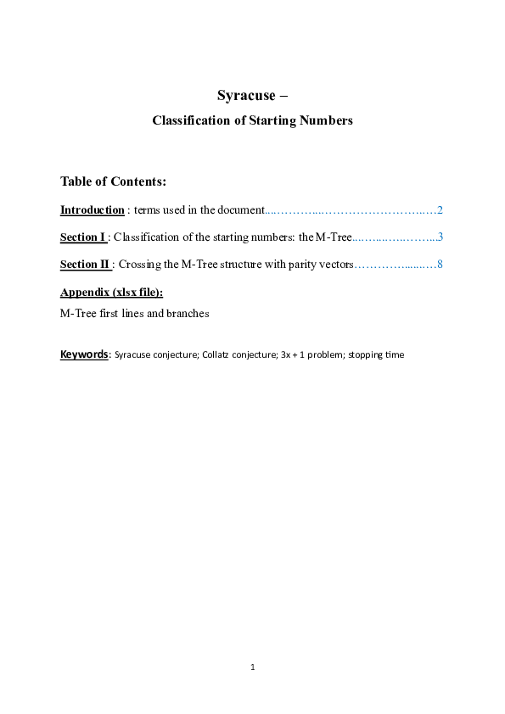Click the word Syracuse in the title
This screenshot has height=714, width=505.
[246, 95]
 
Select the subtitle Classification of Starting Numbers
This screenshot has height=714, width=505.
[252, 120]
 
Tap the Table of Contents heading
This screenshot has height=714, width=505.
[113, 181]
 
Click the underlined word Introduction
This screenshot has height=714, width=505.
[92, 209]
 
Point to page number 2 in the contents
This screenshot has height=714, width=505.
[440, 209]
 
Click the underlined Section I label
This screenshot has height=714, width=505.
[82, 237]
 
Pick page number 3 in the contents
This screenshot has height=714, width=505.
[440, 237]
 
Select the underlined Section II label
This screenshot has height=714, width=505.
[85, 264]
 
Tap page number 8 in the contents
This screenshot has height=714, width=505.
[440, 264]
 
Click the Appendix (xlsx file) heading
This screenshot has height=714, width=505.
[111, 292]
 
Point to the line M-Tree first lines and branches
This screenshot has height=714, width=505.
[134, 313]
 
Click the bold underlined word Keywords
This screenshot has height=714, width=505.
[84, 354]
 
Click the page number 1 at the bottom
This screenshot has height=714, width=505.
[253, 667]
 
